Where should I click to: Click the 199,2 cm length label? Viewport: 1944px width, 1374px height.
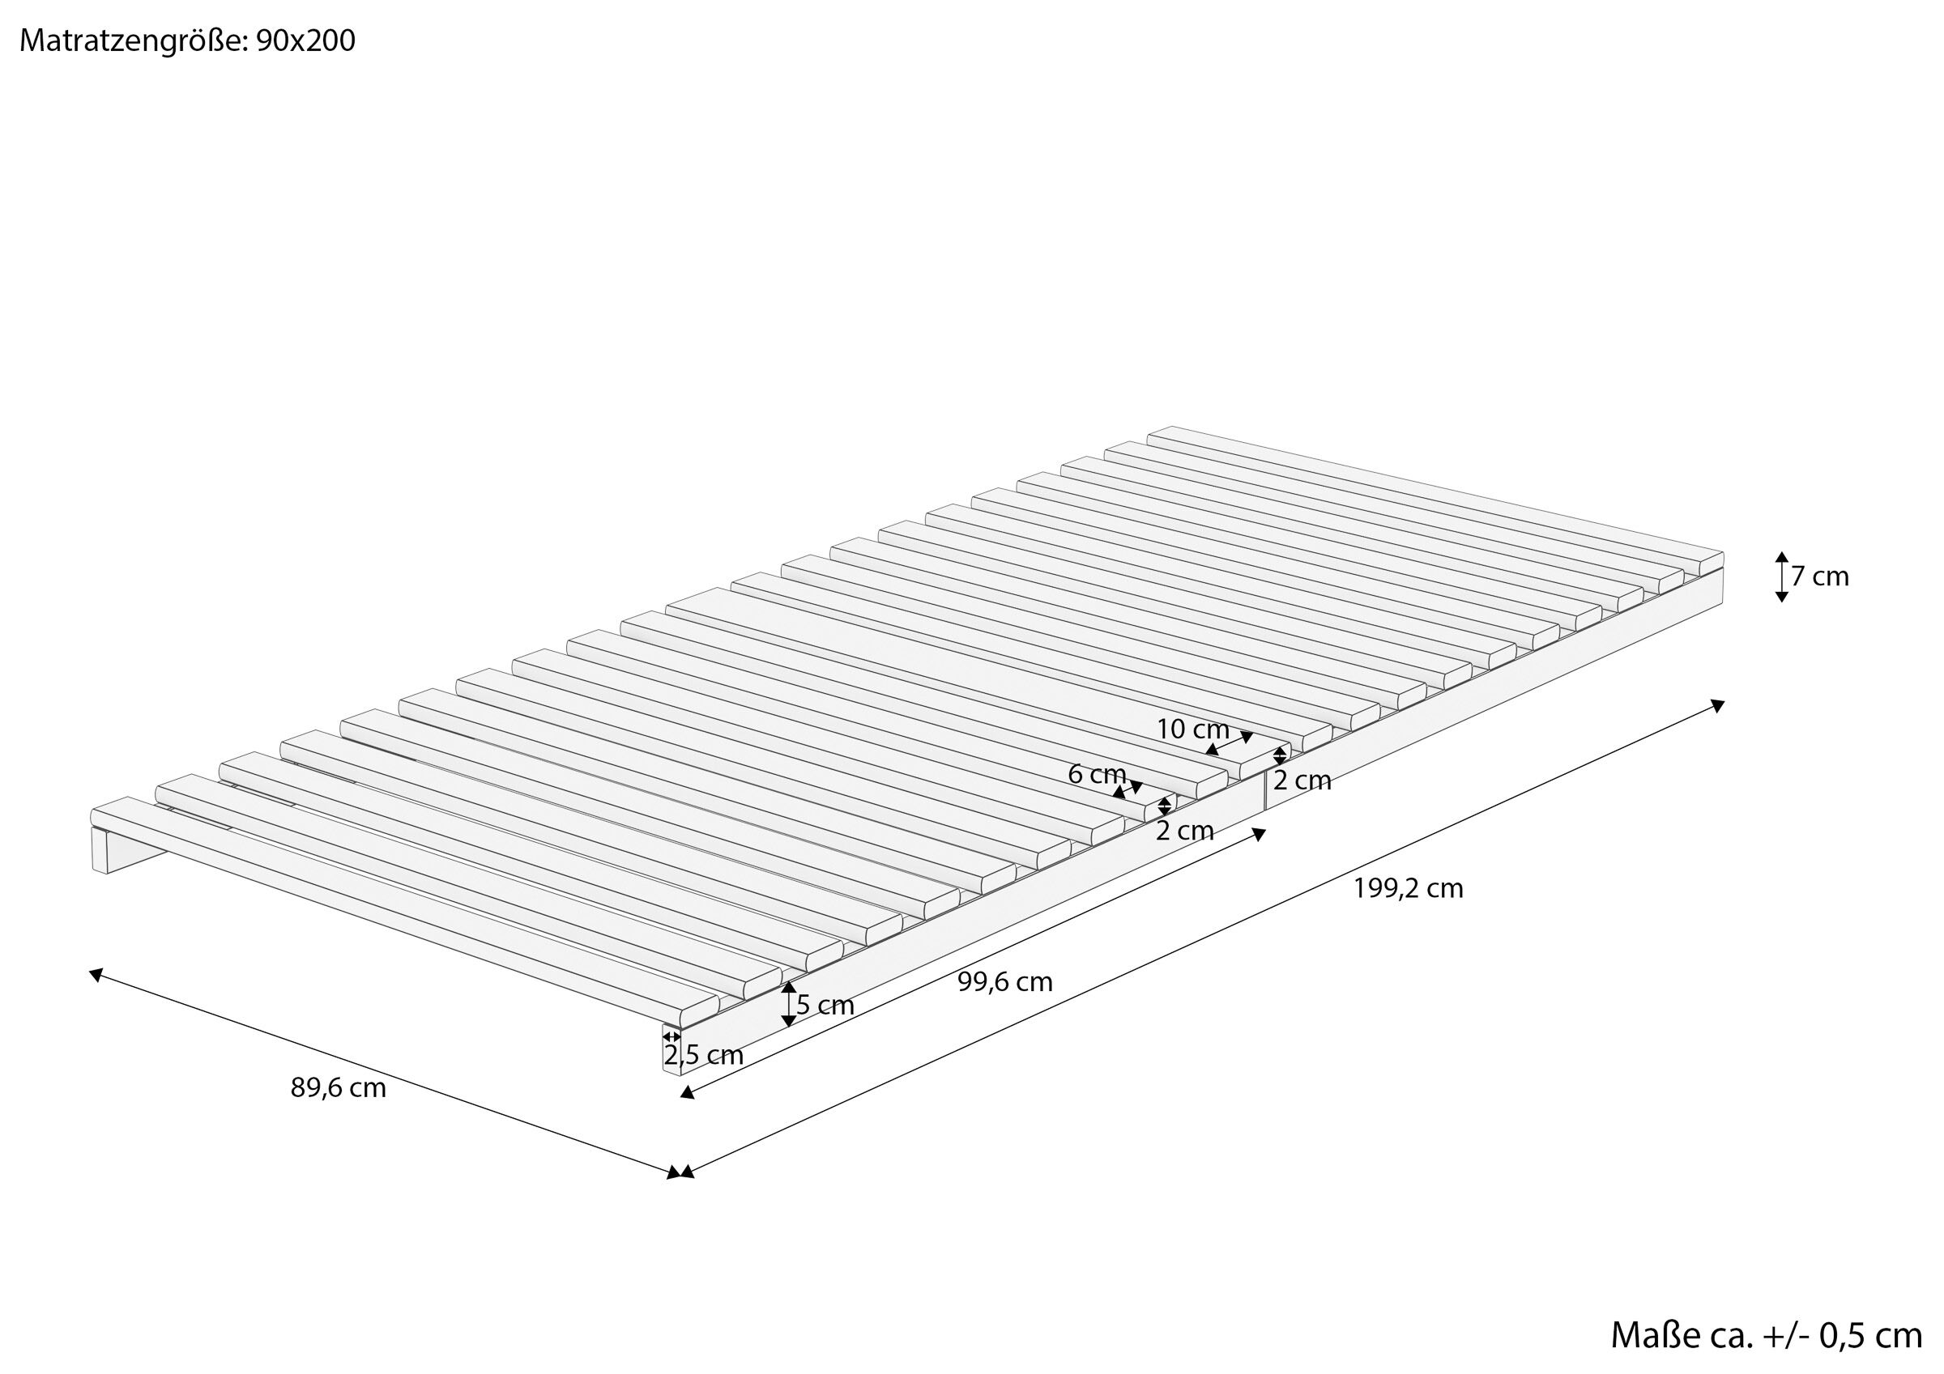click(x=1408, y=888)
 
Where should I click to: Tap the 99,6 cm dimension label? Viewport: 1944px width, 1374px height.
click(x=1005, y=982)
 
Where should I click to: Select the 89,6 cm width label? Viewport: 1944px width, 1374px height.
click(x=338, y=1088)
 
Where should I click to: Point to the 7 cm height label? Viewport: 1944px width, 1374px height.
click(x=1820, y=576)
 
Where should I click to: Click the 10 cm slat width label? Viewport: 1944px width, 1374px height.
click(x=1192, y=729)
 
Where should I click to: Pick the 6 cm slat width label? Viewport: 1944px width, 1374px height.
click(x=1097, y=774)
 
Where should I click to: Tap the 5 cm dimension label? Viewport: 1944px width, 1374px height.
click(x=825, y=1006)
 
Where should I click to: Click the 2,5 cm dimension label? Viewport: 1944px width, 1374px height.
click(x=704, y=1056)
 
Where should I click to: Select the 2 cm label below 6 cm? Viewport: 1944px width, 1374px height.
click(x=1184, y=831)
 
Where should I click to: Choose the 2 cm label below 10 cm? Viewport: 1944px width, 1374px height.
click(x=1302, y=781)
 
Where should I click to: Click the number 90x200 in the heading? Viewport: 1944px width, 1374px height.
click(x=305, y=40)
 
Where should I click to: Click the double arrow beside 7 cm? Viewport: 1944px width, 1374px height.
click(x=1781, y=576)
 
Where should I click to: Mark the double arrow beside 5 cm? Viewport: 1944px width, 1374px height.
click(x=788, y=1004)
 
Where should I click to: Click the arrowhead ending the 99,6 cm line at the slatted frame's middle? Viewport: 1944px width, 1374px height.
click(x=1259, y=835)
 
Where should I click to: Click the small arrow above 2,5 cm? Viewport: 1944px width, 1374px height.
click(x=671, y=1036)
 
